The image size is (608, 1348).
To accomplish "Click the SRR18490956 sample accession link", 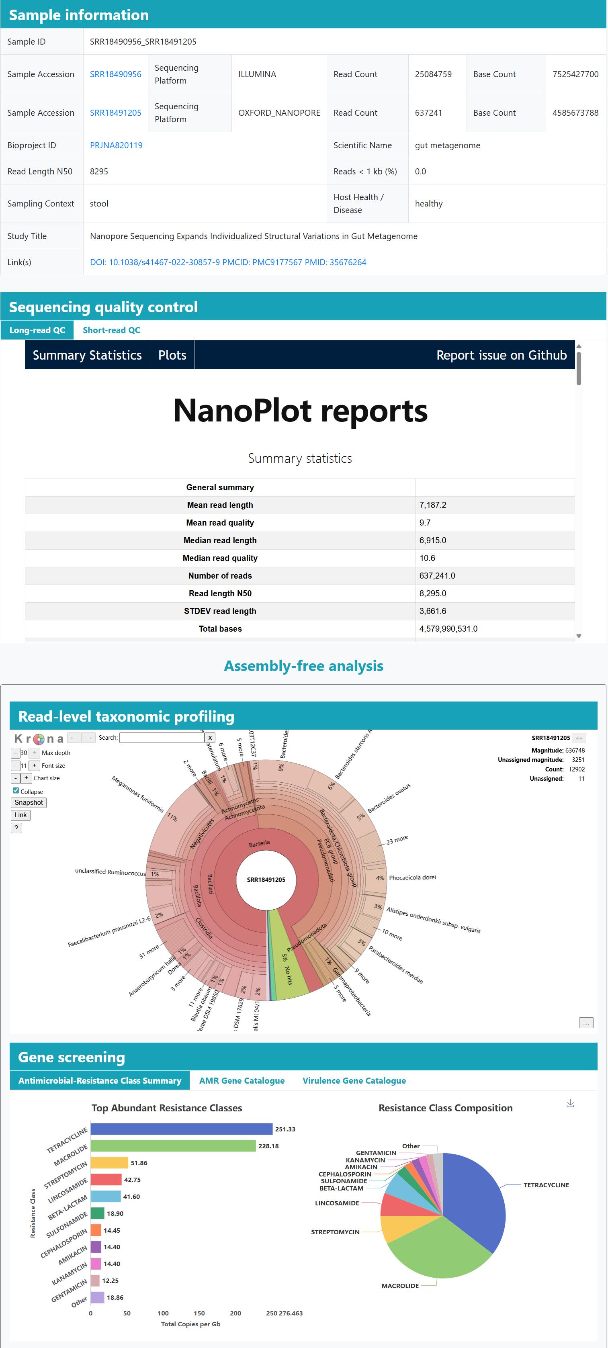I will pyautogui.click(x=115, y=74).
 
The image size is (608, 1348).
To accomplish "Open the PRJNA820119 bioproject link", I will pyautogui.click(x=116, y=145).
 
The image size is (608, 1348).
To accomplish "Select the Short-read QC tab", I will pyautogui.click(x=111, y=330).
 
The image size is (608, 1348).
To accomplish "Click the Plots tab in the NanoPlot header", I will pyautogui.click(x=172, y=355).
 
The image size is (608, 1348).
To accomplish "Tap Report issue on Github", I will pyautogui.click(x=501, y=355).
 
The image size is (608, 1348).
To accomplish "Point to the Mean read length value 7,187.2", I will pyautogui.click(x=432, y=505).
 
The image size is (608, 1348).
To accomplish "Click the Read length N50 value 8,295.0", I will pyautogui.click(x=432, y=593).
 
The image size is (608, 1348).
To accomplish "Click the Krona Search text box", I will pyautogui.click(x=161, y=738).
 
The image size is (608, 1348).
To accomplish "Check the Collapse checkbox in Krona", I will pyautogui.click(x=16, y=791).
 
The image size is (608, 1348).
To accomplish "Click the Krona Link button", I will pyautogui.click(x=20, y=815).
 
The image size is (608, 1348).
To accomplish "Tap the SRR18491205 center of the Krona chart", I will pyautogui.click(x=266, y=880).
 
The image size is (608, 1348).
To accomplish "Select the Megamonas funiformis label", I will pyautogui.click(x=137, y=794).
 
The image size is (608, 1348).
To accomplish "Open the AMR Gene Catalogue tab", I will pyautogui.click(x=242, y=1080).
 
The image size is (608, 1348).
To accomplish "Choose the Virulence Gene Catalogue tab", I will pyautogui.click(x=354, y=1080).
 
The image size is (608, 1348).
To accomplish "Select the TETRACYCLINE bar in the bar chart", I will pyautogui.click(x=181, y=1129).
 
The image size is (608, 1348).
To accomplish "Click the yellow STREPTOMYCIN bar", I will pyautogui.click(x=109, y=1163).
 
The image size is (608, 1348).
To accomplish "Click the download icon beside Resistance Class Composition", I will pyautogui.click(x=570, y=1104).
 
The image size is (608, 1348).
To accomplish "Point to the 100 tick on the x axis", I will pyautogui.click(x=163, y=1313).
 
